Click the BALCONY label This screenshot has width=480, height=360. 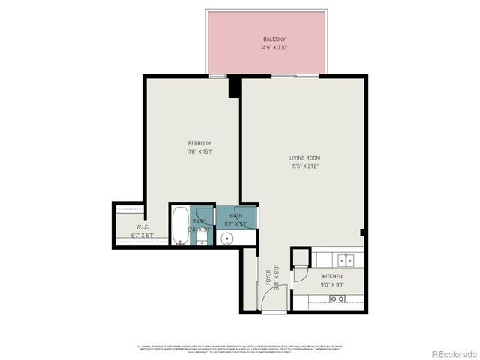pos(273,39)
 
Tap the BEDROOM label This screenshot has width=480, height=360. pos(199,143)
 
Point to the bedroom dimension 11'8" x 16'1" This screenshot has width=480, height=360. pos(199,152)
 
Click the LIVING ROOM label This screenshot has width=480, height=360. pos(305,157)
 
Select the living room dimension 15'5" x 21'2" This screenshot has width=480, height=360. pos(305,166)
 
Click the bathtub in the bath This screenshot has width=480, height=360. pos(179,226)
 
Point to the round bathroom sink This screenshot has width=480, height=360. pos(227,239)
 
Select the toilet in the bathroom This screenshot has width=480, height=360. pos(202,237)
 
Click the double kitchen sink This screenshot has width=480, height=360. pos(345,260)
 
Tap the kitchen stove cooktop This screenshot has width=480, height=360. pos(338,298)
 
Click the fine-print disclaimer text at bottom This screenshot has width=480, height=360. pos(239,349)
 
